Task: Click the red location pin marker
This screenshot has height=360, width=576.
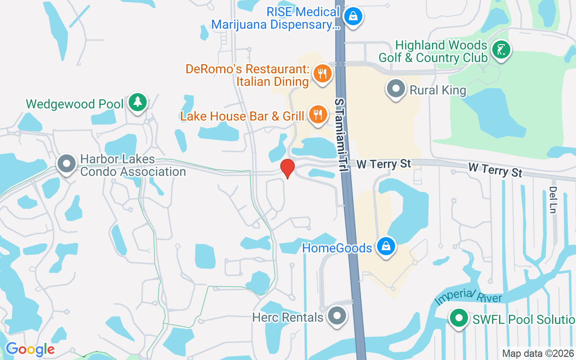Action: pos(287,168)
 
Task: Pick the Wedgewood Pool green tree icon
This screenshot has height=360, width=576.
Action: pos(138,102)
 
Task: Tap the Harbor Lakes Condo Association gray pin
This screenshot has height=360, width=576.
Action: pos(67,164)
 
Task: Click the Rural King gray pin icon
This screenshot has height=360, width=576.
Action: pos(396,89)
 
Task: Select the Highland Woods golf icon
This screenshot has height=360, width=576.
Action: pos(500,49)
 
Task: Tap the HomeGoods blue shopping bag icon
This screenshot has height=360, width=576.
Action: pos(386,247)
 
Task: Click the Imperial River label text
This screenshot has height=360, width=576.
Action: pos(468,295)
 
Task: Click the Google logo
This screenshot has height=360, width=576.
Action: pos(30,349)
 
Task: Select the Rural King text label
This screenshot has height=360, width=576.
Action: pos(438,90)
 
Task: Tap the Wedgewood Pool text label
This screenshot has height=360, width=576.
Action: pos(75,104)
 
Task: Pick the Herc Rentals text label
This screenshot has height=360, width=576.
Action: pos(288,317)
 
